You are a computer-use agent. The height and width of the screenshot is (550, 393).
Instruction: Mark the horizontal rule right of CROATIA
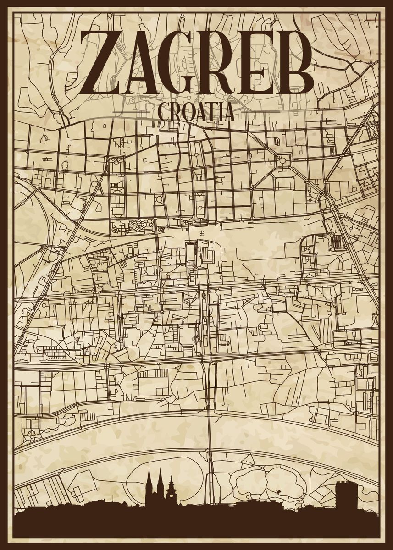(x=257, y=111)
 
